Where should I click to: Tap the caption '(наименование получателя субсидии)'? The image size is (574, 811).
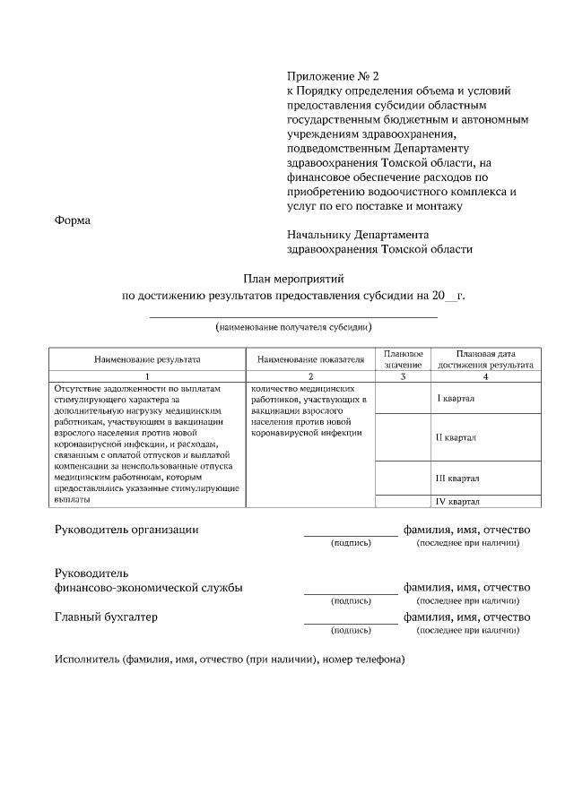point(293,329)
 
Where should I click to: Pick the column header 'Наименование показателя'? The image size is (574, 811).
point(310,359)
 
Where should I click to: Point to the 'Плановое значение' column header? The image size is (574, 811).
point(403,359)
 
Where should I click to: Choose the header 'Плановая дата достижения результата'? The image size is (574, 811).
point(485,359)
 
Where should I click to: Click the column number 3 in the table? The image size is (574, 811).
point(403,376)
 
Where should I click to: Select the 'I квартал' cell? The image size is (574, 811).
point(456,398)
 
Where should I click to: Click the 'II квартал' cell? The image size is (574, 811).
point(456,437)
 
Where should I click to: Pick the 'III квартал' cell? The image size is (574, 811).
point(457,478)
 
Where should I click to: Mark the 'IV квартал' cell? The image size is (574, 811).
point(457,501)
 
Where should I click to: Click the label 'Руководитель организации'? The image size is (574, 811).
point(126,529)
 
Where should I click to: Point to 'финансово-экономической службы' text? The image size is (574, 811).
point(148,588)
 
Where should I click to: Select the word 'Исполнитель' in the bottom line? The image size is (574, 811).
point(87,660)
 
